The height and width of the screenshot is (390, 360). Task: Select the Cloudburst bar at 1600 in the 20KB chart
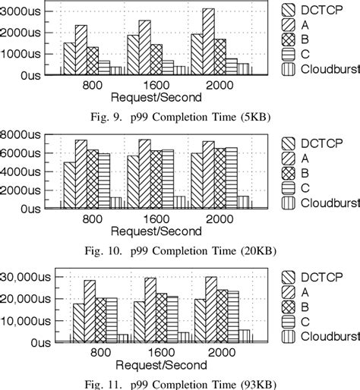[x=179, y=202]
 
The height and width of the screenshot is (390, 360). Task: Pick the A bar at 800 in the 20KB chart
[x=81, y=173]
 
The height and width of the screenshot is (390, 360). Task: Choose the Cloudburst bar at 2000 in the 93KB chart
[x=244, y=336]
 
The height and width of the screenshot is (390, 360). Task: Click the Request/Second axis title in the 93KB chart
[x=156, y=364]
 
